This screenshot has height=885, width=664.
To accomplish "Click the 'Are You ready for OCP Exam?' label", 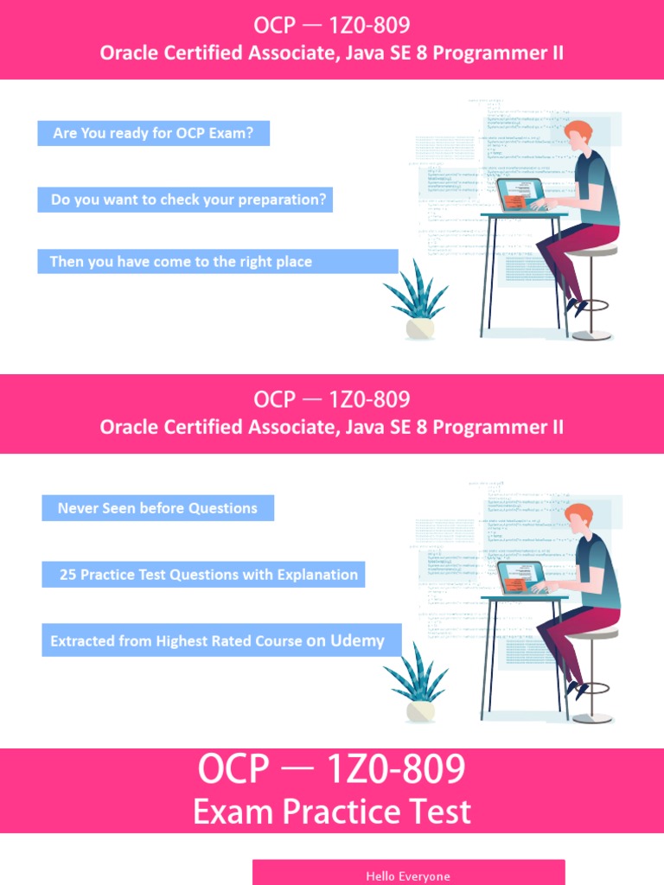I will [x=153, y=134].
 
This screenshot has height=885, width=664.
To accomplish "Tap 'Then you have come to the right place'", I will [x=181, y=261].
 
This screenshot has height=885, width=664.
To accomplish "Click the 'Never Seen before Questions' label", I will [x=157, y=508].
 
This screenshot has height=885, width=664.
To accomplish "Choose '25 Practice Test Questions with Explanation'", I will [x=208, y=574].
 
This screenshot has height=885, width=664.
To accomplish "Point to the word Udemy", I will [x=357, y=640].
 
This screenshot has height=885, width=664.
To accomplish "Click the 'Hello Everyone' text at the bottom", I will [x=408, y=875].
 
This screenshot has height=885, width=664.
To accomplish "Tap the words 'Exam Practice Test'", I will [x=332, y=812].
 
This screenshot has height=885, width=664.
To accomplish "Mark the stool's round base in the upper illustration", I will [x=591, y=335].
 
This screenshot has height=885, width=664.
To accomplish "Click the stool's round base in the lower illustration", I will [x=592, y=718].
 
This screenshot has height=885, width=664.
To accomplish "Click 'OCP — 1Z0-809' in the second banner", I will [x=332, y=400].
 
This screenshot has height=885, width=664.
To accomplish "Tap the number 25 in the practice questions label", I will [x=67, y=574].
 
